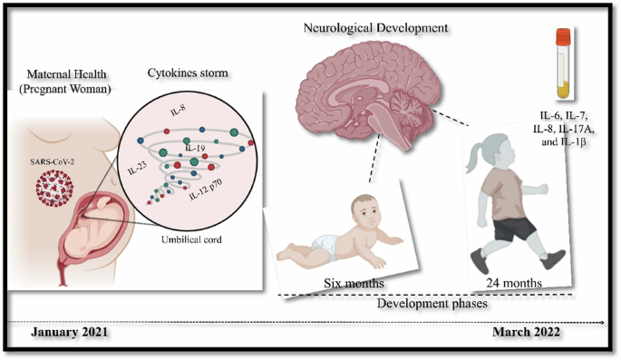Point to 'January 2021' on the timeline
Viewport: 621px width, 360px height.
coord(70,333)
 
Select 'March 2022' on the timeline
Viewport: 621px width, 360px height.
coord(528,333)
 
